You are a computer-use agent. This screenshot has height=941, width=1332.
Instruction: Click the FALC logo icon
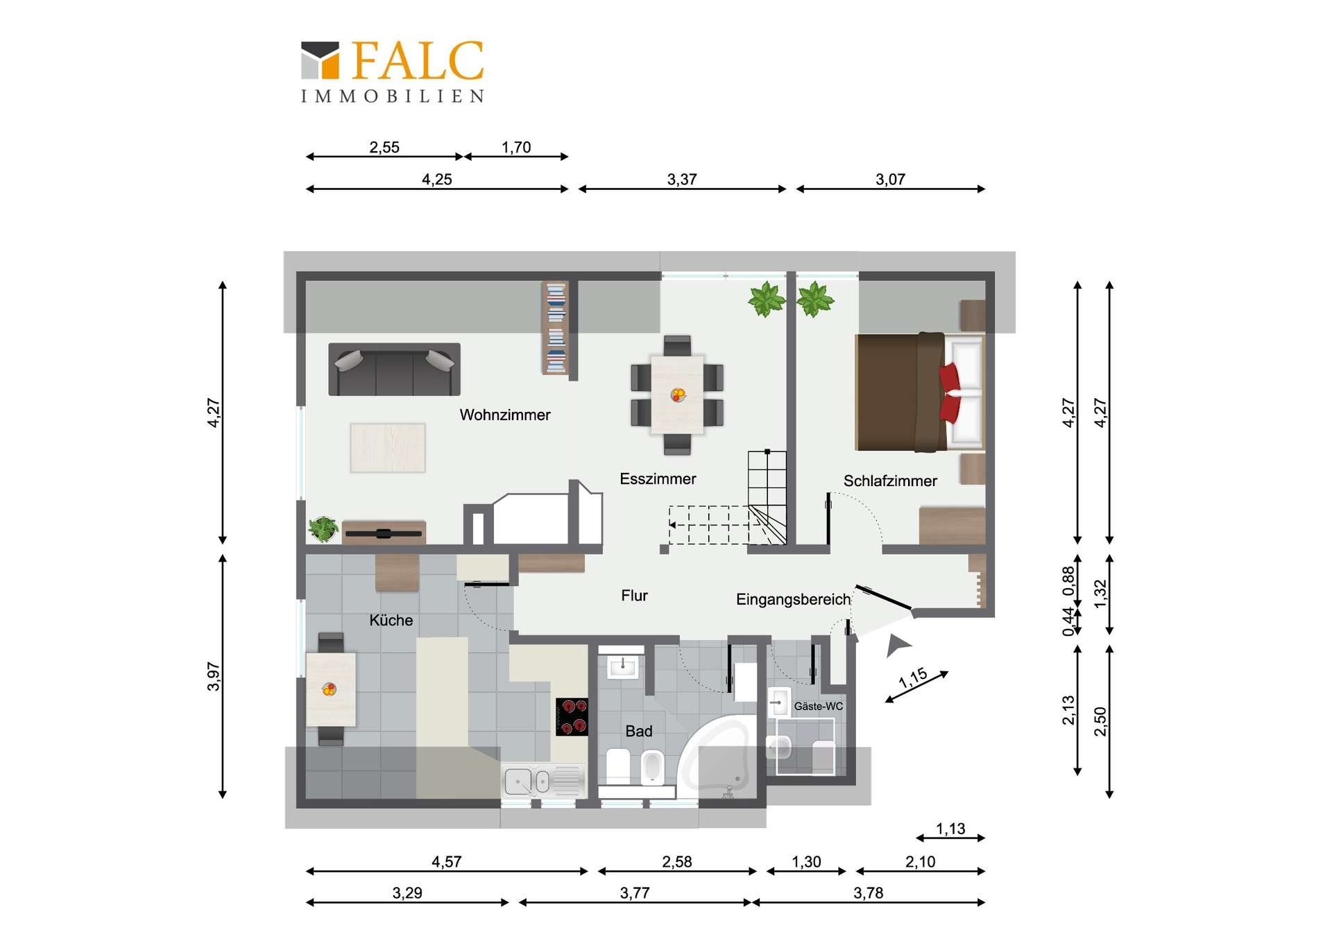[320, 60]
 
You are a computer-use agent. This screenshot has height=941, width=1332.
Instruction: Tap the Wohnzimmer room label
[504, 415]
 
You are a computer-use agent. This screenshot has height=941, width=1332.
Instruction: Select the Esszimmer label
[657, 478]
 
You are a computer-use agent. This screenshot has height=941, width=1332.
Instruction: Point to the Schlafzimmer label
[889, 481]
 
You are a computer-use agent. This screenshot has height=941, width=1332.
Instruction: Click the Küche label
[391, 620]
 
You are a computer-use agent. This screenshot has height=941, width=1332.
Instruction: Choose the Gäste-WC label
[818, 706]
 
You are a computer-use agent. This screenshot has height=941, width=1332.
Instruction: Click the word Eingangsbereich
[792, 599]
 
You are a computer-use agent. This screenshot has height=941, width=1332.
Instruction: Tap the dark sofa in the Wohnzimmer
[393, 370]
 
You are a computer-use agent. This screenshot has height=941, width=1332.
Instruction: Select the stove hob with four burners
[572, 716]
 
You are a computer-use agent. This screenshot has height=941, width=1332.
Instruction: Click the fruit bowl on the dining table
[678, 395]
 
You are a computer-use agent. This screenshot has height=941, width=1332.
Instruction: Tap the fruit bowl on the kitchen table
[329, 689]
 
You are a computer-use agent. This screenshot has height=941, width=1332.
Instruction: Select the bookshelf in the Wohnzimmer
[555, 327]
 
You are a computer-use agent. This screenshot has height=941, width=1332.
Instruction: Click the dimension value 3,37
[681, 179]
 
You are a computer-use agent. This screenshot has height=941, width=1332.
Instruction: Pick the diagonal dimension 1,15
[912, 677]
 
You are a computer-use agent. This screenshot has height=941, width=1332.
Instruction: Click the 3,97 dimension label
[213, 676]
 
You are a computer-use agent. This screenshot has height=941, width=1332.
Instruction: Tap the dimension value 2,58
[676, 861]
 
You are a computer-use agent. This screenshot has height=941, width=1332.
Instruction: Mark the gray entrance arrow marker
[897, 646]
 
